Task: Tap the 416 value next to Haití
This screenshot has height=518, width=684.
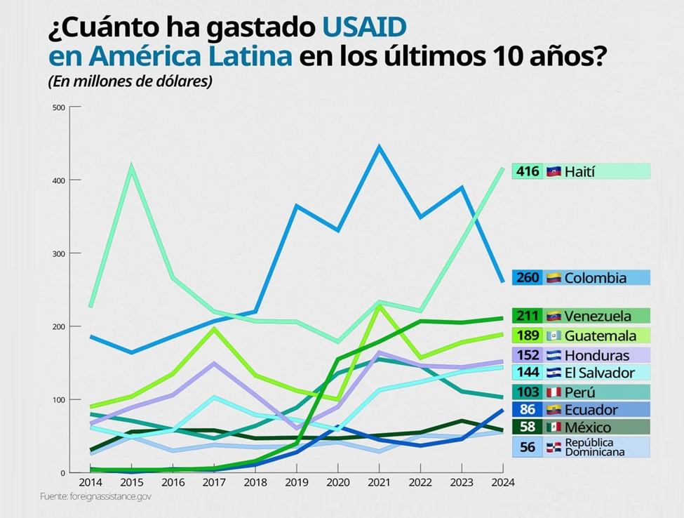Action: click(x=528, y=171)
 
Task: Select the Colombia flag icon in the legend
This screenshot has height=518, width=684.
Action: click(x=554, y=277)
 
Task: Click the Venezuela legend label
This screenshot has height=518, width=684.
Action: click(x=598, y=316)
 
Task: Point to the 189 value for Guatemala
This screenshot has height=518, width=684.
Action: click(x=528, y=336)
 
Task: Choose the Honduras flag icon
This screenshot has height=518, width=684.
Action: click(x=554, y=355)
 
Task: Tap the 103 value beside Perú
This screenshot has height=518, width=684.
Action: click(x=528, y=392)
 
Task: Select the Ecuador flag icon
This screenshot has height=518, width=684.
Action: click(x=554, y=409)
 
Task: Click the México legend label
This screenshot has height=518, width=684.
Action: click(x=589, y=427)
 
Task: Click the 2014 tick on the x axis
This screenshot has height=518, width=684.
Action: click(x=90, y=482)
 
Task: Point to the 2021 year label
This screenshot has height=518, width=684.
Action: click(x=379, y=482)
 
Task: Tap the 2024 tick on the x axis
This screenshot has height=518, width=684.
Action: click(x=503, y=482)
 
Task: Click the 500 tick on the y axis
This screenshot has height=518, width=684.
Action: click(x=58, y=107)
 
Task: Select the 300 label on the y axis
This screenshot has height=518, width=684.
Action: click(x=58, y=253)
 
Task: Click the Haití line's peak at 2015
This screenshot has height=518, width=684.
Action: click(x=131, y=166)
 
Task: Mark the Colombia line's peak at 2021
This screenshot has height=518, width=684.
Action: click(x=379, y=147)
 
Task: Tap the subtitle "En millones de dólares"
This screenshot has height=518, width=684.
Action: click(x=130, y=81)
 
